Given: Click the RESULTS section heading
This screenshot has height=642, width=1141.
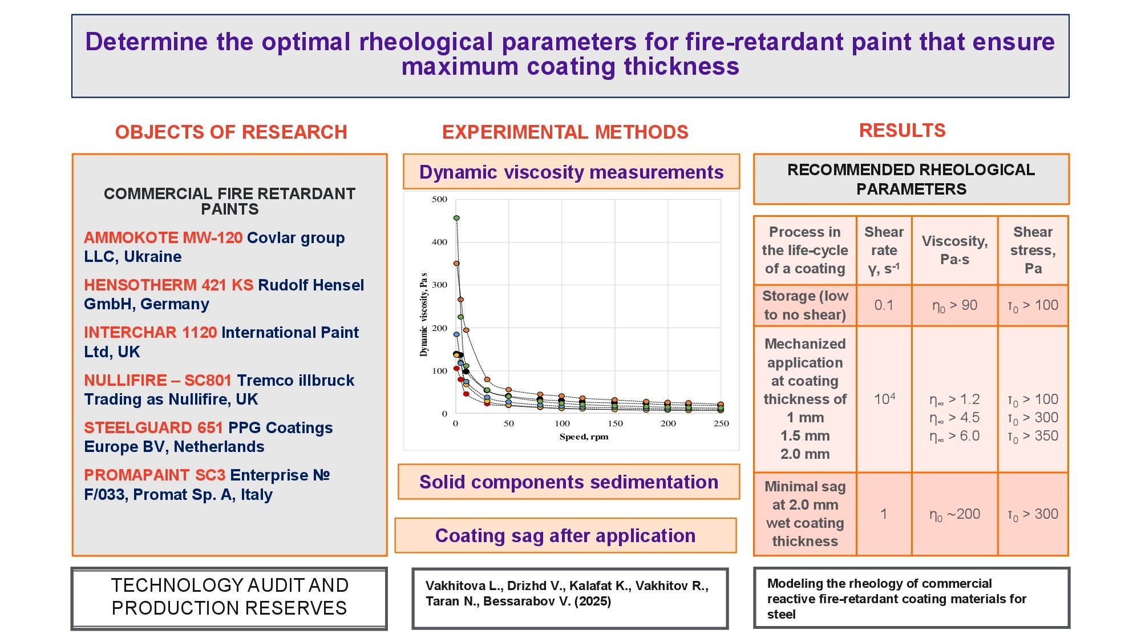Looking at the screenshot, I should pos(902,131).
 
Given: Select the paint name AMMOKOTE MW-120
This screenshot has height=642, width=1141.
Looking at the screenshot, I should pos(163,237).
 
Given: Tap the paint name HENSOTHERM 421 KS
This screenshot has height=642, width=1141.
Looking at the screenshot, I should pos(168,285).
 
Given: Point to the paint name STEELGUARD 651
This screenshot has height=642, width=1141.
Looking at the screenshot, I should pos(153,427).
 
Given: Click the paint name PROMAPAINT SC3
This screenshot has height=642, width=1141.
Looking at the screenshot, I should pos(154,475).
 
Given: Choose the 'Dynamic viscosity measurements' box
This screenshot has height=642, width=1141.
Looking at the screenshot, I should pos(571,172).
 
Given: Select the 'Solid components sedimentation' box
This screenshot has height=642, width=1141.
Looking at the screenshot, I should pos(569,482).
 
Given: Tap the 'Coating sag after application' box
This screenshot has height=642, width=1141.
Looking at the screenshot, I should pos(565,536).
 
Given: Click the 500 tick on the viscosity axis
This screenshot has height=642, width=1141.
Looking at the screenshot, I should pos(439,199).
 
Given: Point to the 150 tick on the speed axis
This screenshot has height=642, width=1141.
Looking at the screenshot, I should pos(615,423).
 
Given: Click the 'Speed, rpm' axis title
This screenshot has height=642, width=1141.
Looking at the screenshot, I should pos(584,437).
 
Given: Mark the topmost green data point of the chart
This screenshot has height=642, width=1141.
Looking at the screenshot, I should pos(456,218).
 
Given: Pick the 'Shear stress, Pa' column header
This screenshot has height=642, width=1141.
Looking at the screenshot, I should pos(1033,250).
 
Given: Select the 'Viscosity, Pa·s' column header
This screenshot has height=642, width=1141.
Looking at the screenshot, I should pos(954,250).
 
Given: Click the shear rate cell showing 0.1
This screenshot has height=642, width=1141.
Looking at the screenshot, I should pos(884,305).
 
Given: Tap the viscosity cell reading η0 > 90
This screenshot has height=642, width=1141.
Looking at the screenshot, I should pos(954,305).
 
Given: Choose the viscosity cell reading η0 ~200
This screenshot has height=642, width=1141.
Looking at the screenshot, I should pos(954,514).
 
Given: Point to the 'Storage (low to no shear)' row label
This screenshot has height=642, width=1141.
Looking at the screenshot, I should pos(805,305).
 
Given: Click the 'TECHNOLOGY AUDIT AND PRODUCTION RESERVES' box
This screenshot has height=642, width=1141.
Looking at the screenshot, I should pos(229,597).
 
